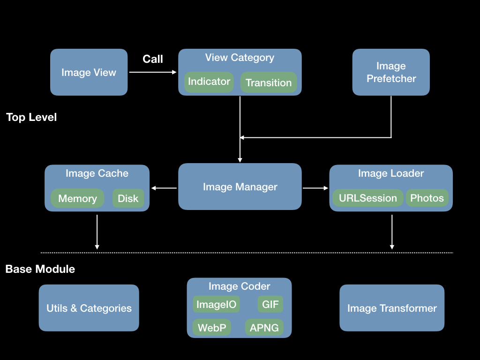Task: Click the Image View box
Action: click(89, 72)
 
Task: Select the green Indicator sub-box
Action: click(209, 82)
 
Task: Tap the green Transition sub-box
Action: click(269, 82)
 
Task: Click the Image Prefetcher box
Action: click(391, 72)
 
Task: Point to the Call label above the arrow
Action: click(153, 59)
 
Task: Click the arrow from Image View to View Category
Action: click(152, 72)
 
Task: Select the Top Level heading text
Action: click(31, 117)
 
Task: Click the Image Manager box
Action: click(240, 187)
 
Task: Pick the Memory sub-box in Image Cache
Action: click(77, 198)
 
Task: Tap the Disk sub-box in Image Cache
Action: click(128, 198)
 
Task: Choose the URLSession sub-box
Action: click(368, 198)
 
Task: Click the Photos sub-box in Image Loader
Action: click(427, 198)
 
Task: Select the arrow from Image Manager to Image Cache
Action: click(164, 188)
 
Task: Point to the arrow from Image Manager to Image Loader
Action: click(315, 188)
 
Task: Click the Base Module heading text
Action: click(40, 269)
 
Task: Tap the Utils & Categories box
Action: click(89, 308)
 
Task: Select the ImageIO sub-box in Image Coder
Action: click(217, 304)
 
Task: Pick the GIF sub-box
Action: click(270, 304)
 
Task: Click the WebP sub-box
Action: click(212, 328)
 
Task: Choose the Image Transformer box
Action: click(392, 308)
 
